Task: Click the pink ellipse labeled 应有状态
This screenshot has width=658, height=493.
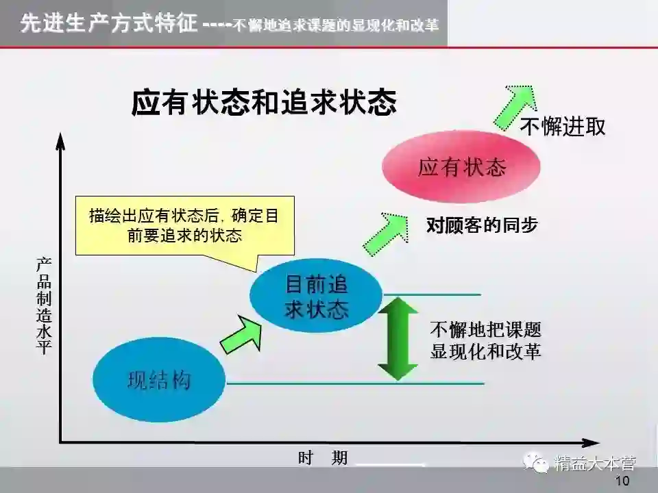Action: pyautogui.click(x=461, y=167)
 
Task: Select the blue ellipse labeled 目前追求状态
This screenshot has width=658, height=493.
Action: pyautogui.click(x=316, y=296)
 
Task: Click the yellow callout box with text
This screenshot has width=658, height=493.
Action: pyautogui.click(x=184, y=225)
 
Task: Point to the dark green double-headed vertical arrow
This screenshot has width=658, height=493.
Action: pyautogui.click(x=398, y=338)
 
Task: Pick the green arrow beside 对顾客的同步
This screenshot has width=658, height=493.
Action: pyautogui.click(x=385, y=232)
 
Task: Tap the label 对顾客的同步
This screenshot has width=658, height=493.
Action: pyautogui.click(x=482, y=225)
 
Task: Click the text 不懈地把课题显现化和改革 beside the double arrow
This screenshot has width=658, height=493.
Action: pyautogui.click(x=485, y=340)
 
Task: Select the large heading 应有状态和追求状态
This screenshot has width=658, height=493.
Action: pyautogui.click(x=264, y=103)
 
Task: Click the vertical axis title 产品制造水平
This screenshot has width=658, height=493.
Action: pyautogui.click(x=44, y=306)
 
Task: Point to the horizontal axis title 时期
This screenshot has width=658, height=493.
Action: pyautogui.click(x=323, y=458)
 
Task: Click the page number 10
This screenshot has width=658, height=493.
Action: pyautogui.click(x=622, y=481)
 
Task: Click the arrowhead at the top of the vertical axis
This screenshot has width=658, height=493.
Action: pyautogui.click(x=60, y=141)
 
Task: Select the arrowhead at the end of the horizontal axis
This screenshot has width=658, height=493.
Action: pyautogui.click(x=589, y=442)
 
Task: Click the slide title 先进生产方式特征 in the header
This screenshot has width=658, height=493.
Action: pyautogui.click(x=110, y=25)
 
